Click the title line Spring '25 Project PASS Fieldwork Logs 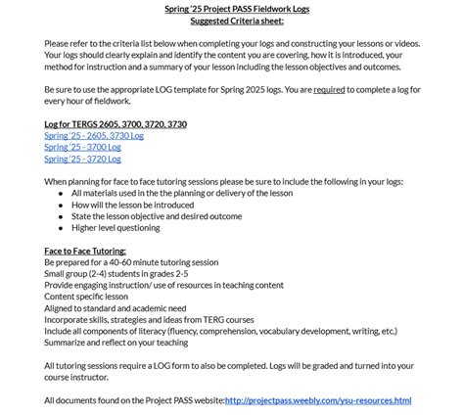tap(232, 9)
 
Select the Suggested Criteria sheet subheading tap(232, 21)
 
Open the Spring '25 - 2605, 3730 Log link tap(94, 136)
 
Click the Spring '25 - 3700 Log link tap(82, 147)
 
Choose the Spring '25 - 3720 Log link tap(82, 159)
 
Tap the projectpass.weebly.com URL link tap(318, 400)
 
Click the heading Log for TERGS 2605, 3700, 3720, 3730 tap(116, 124)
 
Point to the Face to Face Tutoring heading tap(85, 251)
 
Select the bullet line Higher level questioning tap(116, 227)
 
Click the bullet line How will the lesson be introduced tap(133, 205)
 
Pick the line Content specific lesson tap(86, 297)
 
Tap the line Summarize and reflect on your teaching tap(116, 343)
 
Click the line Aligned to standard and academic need tap(115, 308)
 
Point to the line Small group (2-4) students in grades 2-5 tap(116, 274)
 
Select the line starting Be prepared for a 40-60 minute tap(131, 262)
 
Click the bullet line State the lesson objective tap(157, 216)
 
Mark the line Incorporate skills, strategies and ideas tap(149, 320)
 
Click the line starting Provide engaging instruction tap(163, 285)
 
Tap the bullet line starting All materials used tap(181, 193)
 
